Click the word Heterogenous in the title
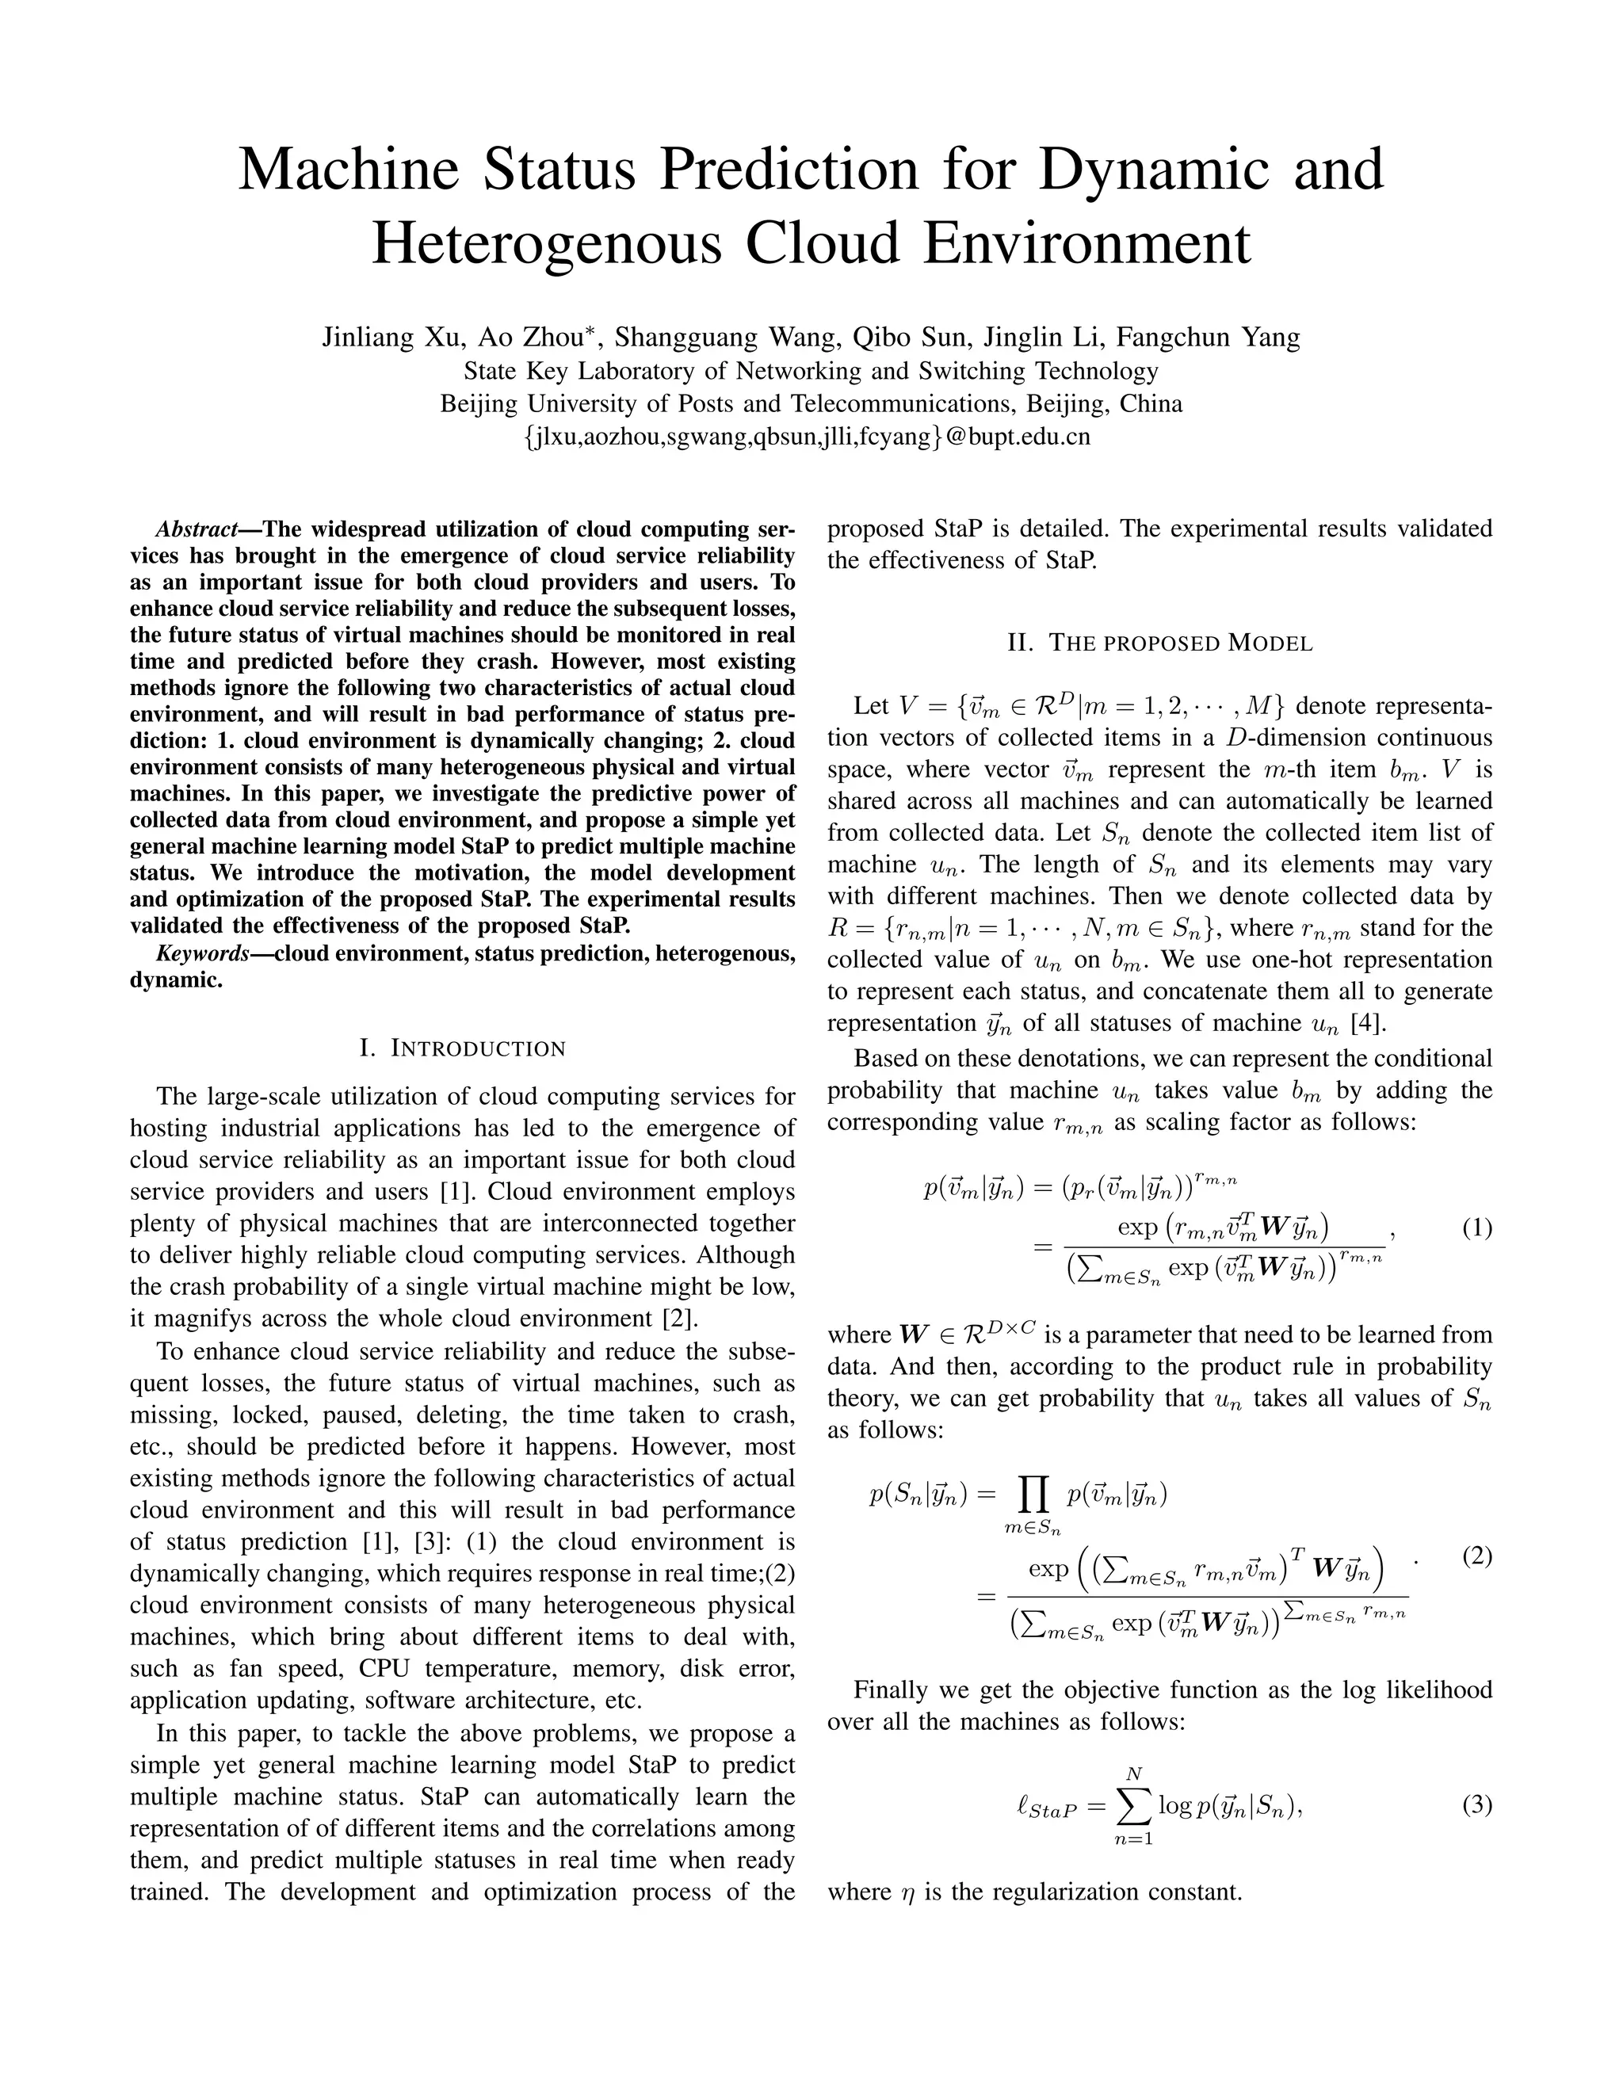[x=546, y=242]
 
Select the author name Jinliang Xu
[x=388, y=337]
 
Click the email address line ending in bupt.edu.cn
[x=811, y=437]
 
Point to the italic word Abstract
[x=197, y=529]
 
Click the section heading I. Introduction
[x=463, y=1048]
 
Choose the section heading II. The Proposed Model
[x=1159, y=643]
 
